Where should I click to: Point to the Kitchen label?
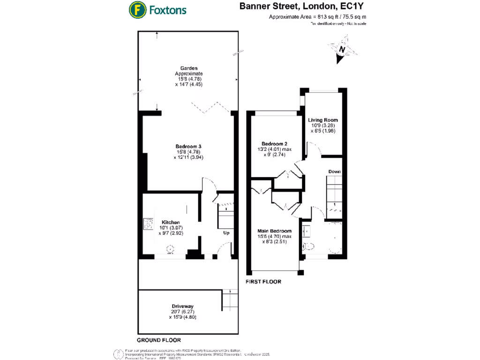click(x=171, y=222)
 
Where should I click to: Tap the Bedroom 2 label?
click(x=274, y=143)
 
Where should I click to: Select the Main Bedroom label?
click(x=275, y=231)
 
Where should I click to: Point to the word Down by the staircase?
click(x=334, y=172)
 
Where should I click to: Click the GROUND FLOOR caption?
click(x=158, y=340)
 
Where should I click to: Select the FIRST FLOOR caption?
click(x=263, y=282)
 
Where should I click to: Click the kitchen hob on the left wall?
click(x=148, y=225)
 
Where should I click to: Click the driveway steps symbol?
click(x=227, y=297)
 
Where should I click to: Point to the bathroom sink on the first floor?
click(x=307, y=231)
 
